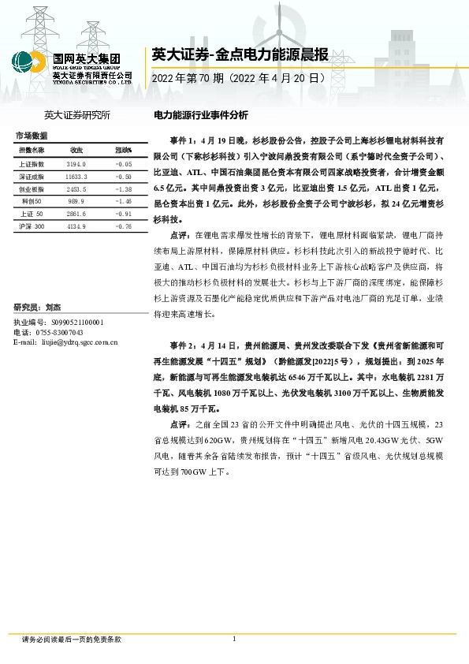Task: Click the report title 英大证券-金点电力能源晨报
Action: (229, 54)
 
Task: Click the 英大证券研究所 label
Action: (77, 115)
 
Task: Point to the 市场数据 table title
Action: (31, 136)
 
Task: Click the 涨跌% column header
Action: (124, 150)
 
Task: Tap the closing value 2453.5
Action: (76, 189)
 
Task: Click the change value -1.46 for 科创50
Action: (123, 202)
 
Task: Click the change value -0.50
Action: (123, 177)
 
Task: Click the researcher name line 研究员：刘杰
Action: (38, 307)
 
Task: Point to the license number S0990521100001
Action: (76, 323)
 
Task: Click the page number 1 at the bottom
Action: (234, 639)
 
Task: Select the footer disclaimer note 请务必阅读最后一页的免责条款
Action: (72, 640)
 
